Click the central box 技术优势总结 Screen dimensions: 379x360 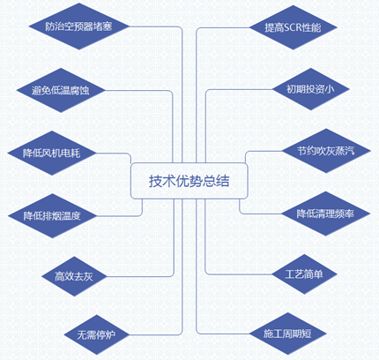(x=189, y=181)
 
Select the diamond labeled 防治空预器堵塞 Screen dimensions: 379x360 (x=79, y=26)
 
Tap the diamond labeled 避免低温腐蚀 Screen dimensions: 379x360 (x=61, y=90)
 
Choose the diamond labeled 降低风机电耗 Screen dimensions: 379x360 (x=52, y=153)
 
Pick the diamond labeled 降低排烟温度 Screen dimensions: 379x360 (x=52, y=215)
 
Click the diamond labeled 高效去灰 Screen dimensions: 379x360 (x=74, y=276)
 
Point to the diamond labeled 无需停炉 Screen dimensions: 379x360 (x=96, y=334)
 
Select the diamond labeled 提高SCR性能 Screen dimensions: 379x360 (x=293, y=27)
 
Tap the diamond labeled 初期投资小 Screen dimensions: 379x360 (x=311, y=89)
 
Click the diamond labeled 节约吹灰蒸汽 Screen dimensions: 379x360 (x=326, y=151)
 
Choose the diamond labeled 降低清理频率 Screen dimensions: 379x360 (x=325, y=214)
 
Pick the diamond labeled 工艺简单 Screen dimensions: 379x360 (x=304, y=274)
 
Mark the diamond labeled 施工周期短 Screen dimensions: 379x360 (x=288, y=334)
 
